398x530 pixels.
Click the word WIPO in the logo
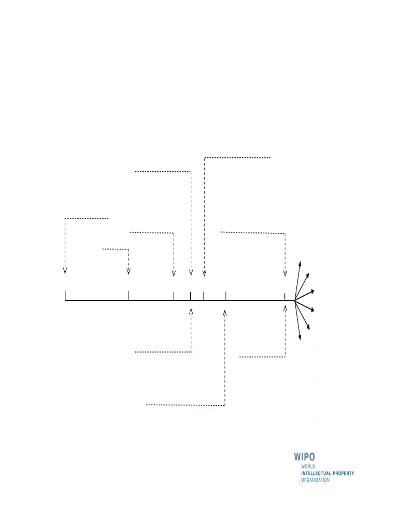[304, 457]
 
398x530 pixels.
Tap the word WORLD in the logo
[308, 466]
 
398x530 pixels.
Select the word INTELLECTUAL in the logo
[316, 473]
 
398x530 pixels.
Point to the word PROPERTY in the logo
[343, 473]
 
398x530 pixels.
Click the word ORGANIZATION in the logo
[316, 480]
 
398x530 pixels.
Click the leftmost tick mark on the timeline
[65, 296]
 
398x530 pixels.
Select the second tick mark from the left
[129, 296]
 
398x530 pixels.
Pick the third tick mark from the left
[174, 296]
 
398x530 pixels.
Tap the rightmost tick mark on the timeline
[285, 297]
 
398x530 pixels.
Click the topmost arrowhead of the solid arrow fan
[300, 263]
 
